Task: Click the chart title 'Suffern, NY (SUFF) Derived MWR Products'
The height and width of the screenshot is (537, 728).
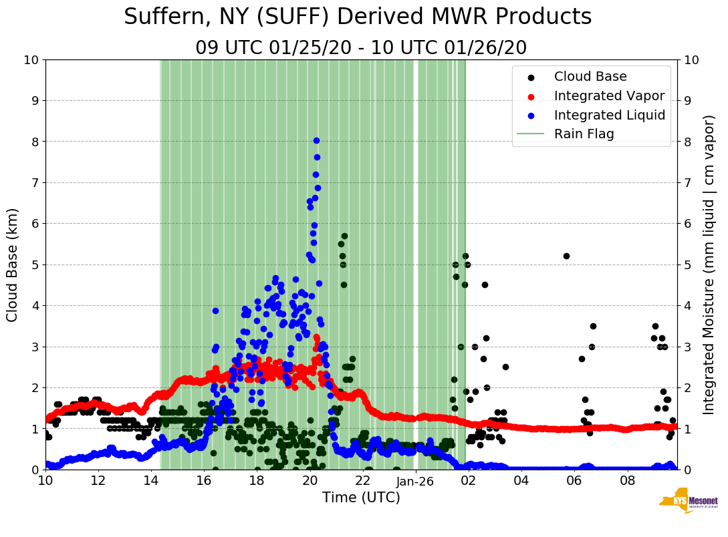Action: pyautogui.click(x=358, y=17)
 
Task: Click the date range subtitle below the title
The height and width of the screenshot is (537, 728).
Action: pyautogui.click(x=361, y=48)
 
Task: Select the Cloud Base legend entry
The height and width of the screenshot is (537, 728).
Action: pyautogui.click(x=590, y=77)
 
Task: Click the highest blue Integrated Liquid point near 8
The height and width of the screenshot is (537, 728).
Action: pyautogui.click(x=316, y=141)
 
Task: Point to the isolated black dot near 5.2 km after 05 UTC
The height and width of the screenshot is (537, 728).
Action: pyautogui.click(x=566, y=256)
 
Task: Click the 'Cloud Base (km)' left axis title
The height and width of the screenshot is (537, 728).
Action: pyautogui.click(x=13, y=264)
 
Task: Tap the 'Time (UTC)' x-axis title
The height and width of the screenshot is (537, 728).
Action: pyautogui.click(x=361, y=498)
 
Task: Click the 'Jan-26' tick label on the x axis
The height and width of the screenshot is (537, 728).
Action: pyautogui.click(x=416, y=481)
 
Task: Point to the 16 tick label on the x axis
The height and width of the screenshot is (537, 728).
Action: pyautogui.click(x=204, y=481)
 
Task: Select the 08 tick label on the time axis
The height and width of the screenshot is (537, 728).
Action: pyautogui.click(x=628, y=481)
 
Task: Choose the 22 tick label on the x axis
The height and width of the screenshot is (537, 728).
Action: pyautogui.click(x=363, y=481)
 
